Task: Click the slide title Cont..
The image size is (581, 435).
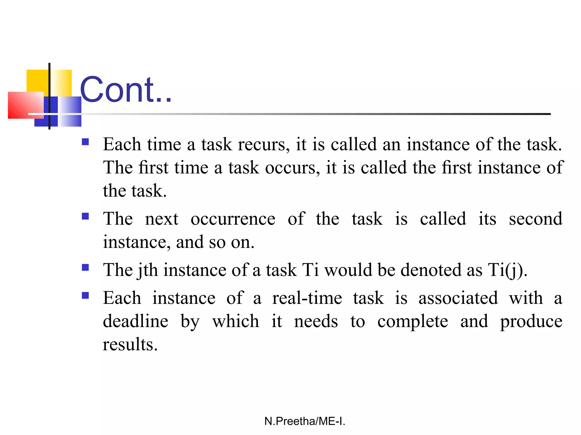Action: (126, 90)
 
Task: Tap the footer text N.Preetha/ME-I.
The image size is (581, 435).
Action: (305, 421)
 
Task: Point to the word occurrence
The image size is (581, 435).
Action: (233, 219)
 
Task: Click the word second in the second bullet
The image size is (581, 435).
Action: (535, 219)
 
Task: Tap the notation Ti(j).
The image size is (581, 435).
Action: (507, 270)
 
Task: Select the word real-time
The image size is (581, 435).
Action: (307, 298)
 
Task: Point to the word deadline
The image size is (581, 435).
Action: (136, 321)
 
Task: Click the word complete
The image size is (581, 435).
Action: (412, 322)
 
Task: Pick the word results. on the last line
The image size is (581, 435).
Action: (130, 345)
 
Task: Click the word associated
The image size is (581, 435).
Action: (458, 298)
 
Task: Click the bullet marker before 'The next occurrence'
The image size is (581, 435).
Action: (85, 217)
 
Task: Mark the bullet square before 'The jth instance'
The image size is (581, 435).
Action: (85, 268)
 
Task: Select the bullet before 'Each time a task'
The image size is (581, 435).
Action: (85, 142)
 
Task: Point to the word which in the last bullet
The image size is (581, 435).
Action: (235, 321)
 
